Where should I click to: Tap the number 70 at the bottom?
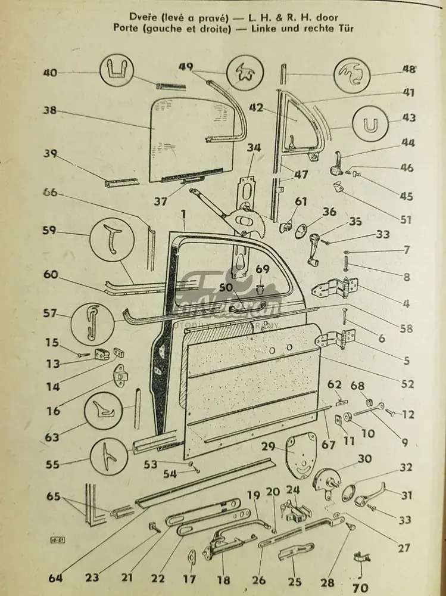click(360, 587)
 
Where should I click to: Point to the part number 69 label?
click(263, 270)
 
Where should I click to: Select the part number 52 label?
click(408, 384)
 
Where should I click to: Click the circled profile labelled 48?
click(353, 75)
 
